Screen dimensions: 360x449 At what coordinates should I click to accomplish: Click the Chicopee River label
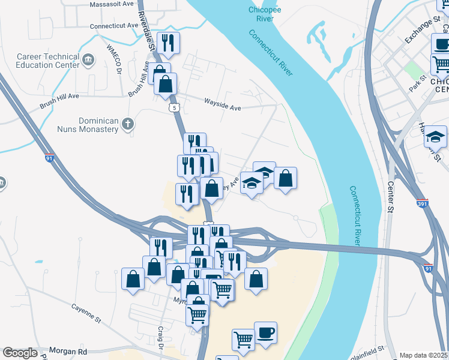pyautogui.click(x=261, y=14)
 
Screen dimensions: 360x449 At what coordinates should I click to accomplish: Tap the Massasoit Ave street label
pyautogui.click(x=112, y=4)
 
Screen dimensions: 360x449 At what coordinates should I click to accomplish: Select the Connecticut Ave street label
pyautogui.click(x=114, y=26)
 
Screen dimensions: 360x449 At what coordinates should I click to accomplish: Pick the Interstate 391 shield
pyautogui.click(x=423, y=204)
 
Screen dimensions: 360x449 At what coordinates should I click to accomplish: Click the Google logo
pyautogui.click(x=20, y=353)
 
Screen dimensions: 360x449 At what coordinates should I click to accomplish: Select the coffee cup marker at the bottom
pyautogui.click(x=265, y=333)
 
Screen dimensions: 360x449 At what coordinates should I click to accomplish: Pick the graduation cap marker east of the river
pyautogui.click(x=436, y=137)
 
